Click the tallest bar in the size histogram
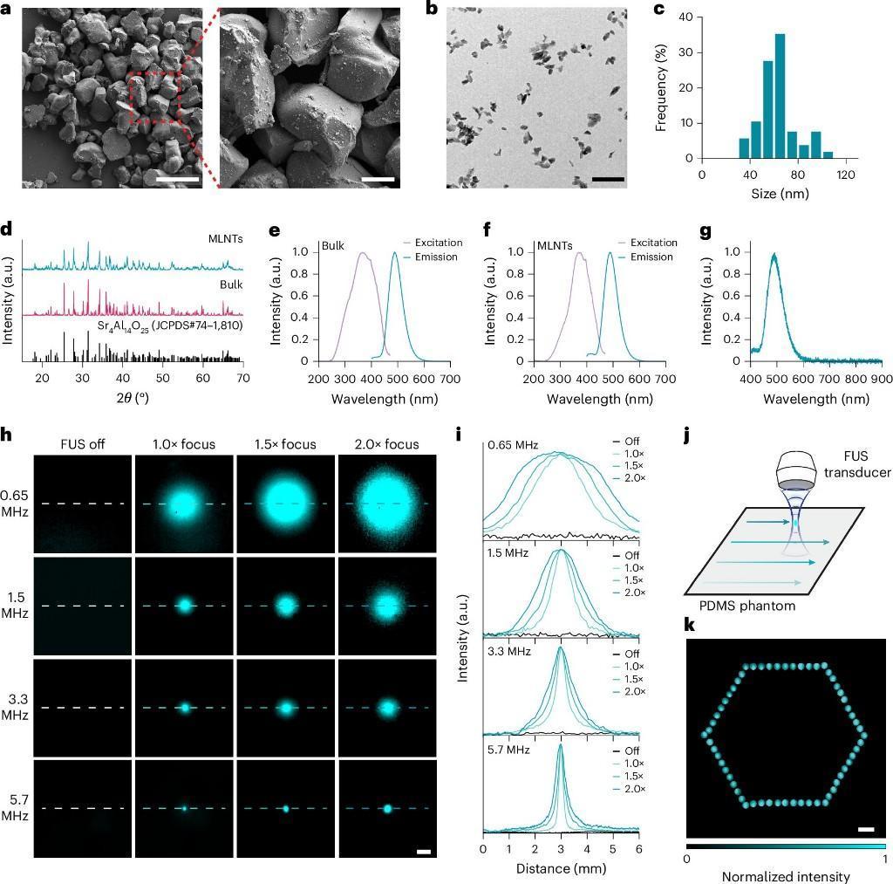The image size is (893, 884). tap(780, 96)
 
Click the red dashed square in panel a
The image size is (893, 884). tap(154, 99)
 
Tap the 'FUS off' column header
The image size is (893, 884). tap(82, 443)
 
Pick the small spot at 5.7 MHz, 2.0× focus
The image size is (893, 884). tap(388, 809)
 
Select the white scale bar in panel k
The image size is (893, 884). tap(866, 828)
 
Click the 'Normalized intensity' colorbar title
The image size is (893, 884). tap(786, 876)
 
